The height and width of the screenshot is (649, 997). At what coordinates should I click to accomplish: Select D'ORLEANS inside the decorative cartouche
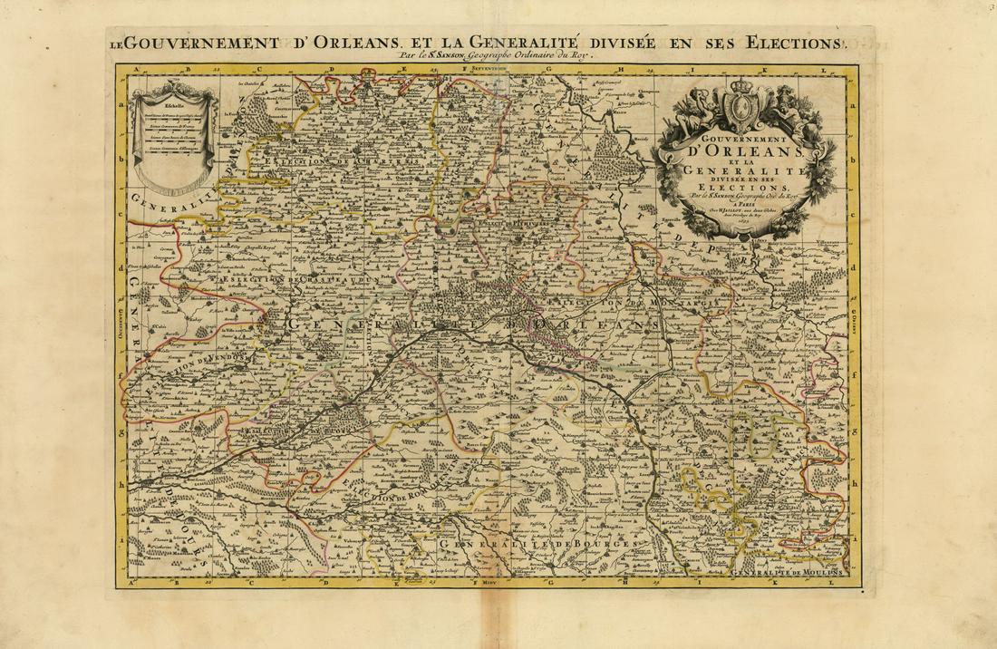point(741,150)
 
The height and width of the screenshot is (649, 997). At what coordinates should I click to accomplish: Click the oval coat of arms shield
point(743,111)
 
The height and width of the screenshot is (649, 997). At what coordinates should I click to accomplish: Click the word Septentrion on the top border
point(492,69)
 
